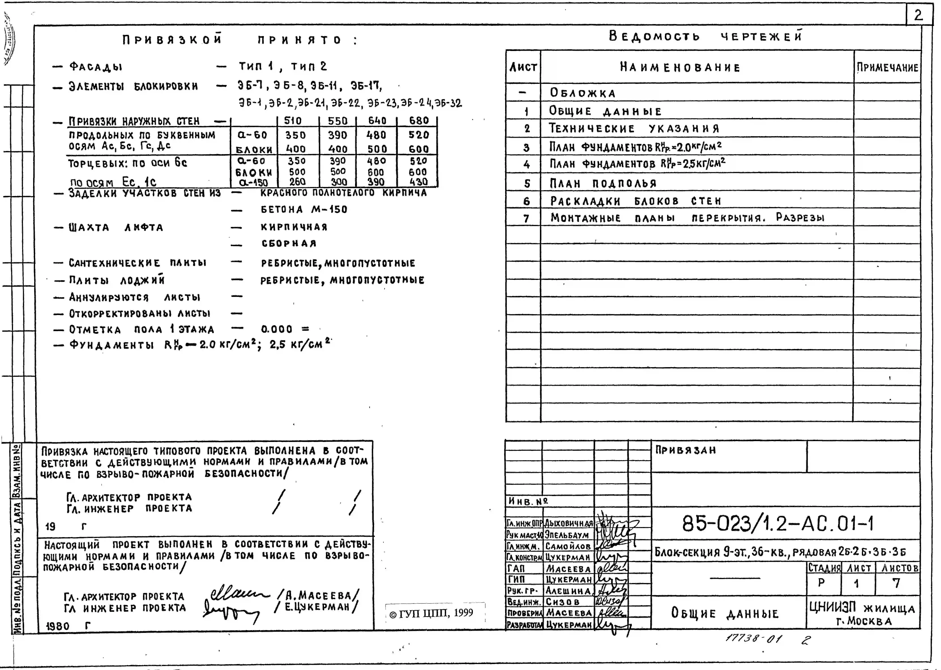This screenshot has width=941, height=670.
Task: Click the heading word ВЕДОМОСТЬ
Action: (x=654, y=37)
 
